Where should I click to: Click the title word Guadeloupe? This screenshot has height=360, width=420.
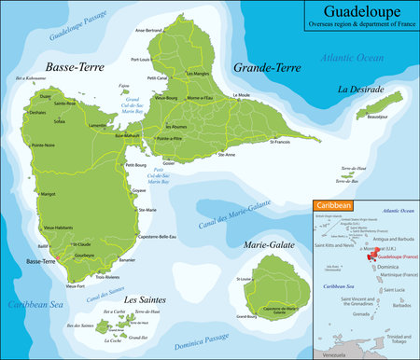point(358,13)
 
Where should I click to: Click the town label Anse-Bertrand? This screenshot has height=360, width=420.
point(149,30)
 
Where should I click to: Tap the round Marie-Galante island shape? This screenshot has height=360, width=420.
point(270,279)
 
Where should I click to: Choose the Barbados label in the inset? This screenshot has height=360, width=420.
point(402,305)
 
